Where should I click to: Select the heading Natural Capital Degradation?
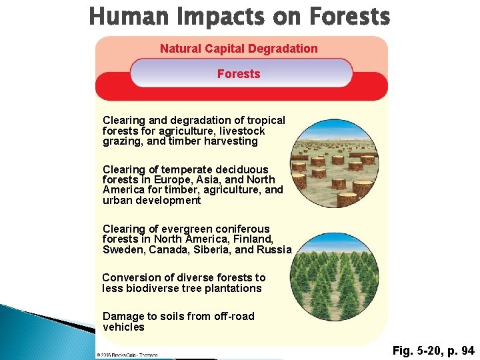(x=239, y=49)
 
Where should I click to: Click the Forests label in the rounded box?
(x=239, y=74)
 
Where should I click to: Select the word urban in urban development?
(x=117, y=200)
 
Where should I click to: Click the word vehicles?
(x=123, y=327)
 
